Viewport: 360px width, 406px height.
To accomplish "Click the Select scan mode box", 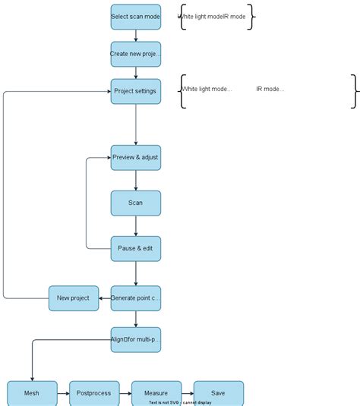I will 136,17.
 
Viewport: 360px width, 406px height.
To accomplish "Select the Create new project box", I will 136,54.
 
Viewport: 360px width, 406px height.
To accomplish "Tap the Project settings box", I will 136,91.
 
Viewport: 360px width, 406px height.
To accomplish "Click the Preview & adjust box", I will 136,157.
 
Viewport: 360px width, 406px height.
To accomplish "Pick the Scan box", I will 136,203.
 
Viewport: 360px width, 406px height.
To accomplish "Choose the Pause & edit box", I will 136,248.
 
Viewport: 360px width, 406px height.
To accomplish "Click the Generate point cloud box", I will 136,298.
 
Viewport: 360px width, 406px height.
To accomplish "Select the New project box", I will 74,298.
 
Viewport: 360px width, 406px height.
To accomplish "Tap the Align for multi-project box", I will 136,340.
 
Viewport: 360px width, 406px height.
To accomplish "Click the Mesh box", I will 32,393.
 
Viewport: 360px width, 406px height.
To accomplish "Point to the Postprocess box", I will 94,393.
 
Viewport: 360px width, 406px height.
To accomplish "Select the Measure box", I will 156,393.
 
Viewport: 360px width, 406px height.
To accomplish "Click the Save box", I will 219,393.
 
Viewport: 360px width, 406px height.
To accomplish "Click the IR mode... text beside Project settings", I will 270,90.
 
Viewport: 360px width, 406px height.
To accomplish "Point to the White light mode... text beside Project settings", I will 207,90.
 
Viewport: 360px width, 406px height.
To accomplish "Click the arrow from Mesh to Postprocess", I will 63,393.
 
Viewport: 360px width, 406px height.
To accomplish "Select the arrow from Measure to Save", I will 188,393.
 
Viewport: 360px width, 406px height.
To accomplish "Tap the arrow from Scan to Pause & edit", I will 136,225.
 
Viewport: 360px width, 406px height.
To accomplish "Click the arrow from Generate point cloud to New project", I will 105,298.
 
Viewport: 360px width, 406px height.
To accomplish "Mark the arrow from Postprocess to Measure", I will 125,393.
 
